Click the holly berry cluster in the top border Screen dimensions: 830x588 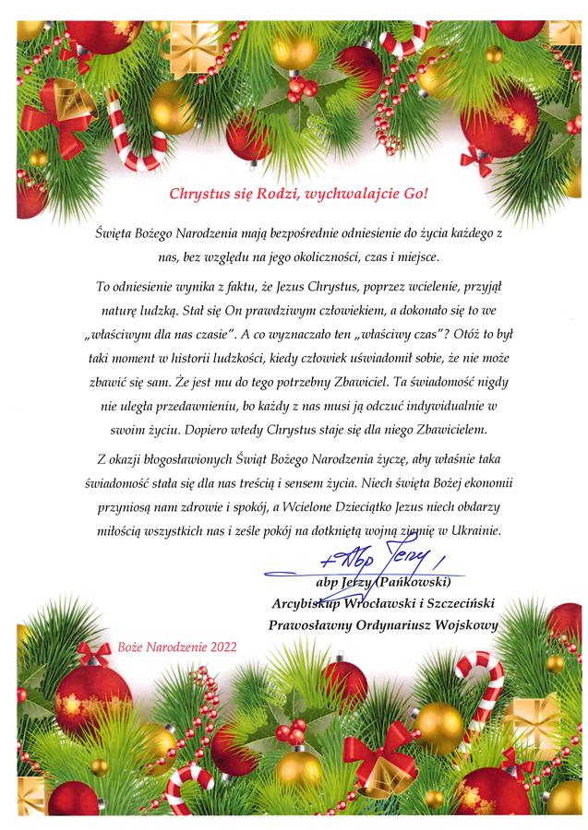[300, 89]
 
